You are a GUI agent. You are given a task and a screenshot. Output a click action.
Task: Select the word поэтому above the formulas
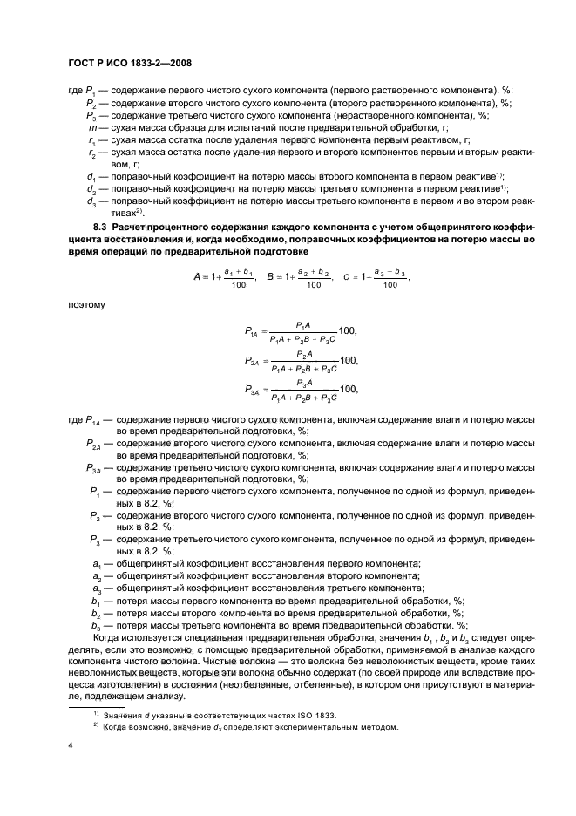pyautogui.click(x=86, y=305)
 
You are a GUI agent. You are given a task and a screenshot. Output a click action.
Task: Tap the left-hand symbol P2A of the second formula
pyautogui.click(x=251, y=361)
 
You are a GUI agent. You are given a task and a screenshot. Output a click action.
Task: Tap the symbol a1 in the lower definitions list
pyautogui.click(x=95, y=564)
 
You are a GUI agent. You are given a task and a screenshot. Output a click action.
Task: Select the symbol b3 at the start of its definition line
pyautogui.click(x=95, y=625)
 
